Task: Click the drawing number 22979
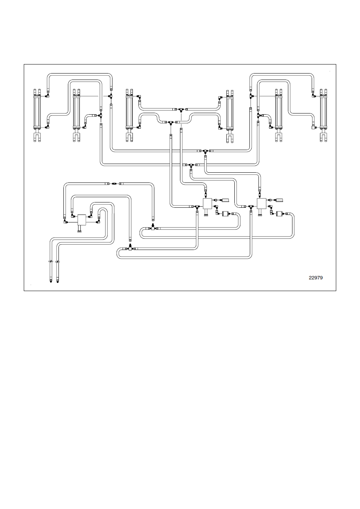[315, 277]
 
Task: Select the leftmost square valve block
[82, 220]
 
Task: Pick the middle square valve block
[207, 204]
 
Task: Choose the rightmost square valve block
[261, 204]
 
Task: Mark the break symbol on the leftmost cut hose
[51, 262]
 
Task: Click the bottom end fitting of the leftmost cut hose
[51, 281]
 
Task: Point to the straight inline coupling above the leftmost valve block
[114, 184]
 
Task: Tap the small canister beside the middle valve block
[225, 214]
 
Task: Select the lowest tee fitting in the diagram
[130, 248]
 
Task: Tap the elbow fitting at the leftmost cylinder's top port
[48, 95]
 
